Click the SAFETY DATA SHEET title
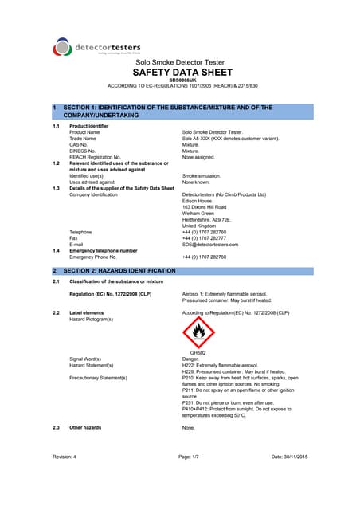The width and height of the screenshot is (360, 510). click(x=179, y=71)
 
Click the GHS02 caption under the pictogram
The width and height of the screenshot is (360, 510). click(x=198, y=352)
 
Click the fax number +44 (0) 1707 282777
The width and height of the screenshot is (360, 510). click(x=205, y=237)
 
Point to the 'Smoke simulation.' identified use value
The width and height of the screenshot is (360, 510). click(x=202, y=174)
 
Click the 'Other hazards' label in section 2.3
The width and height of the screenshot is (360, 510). click(x=85, y=428)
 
